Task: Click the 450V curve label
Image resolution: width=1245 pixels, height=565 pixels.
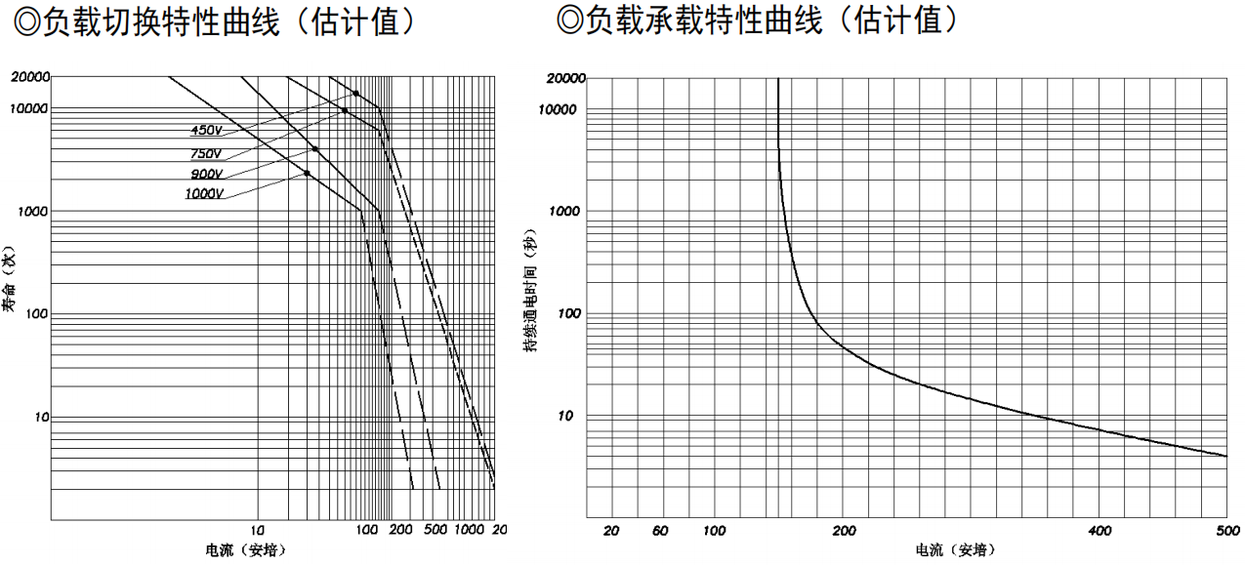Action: [x=207, y=131]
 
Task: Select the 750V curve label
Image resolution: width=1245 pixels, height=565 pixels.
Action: [x=207, y=153]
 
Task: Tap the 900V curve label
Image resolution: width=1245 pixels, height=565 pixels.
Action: [x=207, y=174]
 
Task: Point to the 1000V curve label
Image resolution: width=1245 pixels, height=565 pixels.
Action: [x=205, y=193]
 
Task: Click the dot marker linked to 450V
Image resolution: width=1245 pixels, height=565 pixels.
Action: [x=355, y=94]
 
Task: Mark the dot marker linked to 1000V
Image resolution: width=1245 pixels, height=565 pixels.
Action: [x=307, y=174]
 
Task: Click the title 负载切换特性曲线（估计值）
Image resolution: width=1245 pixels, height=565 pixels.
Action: [x=214, y=21]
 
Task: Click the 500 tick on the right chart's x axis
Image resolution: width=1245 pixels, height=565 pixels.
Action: [x=1227, y=530]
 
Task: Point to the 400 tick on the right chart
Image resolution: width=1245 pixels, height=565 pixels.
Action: [x=1100, y=530]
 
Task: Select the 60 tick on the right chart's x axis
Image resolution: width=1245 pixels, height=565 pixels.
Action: [x=660, y=530]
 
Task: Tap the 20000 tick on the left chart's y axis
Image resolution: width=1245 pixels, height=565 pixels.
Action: [x=30, y=76]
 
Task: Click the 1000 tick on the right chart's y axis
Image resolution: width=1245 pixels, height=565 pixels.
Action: [x=565, y=211]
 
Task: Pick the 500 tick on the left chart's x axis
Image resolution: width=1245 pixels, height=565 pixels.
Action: [x=436, y=530]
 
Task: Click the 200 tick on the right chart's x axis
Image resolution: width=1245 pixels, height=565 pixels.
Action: [x=845, y=530]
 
